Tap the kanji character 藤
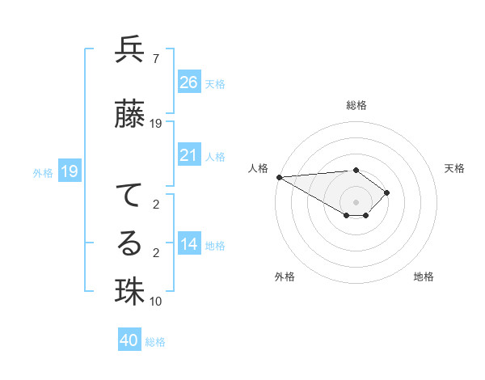click(x=129, y=113)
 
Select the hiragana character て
click(x=129, y=196)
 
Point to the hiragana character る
click(x=129, y=243)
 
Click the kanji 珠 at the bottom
click(x=129, y=292)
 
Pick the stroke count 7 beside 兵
click(x=155, y=59)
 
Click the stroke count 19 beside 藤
click(x=156, y=123)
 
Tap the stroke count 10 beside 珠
click(x=156, y=302)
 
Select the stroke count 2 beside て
click(x=155, y=205)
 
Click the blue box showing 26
click(x=189, y=82)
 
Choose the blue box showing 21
click(x=189, y=155)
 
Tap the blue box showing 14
click(x=189, y=244)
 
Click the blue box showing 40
click(x=129, y=340)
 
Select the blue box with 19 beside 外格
click(x=69, y=171)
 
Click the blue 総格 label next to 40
click(x=155, y=342)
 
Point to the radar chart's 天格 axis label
click(x=454, y=168)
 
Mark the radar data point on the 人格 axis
click(x=279, y=177)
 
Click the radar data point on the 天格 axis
click(x=387, y=192)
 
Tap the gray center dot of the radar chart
click(x=356, y=201)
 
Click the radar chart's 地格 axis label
click(x=424, y=277)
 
